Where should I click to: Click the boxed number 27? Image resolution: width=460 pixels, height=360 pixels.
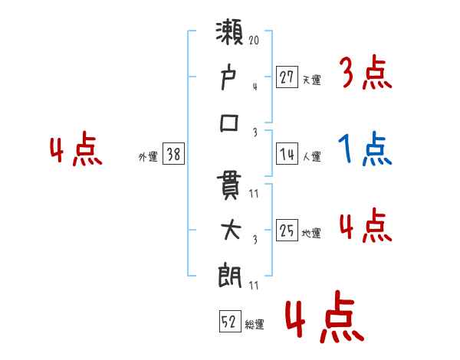click(287, 77)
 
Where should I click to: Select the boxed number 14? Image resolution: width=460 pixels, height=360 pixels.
click(287, 154)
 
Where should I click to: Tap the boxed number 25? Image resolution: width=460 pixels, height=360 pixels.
click(287, 231)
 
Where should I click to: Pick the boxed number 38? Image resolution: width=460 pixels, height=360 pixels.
click(173, 155)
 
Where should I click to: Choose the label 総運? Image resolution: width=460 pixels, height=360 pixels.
click(255, 325)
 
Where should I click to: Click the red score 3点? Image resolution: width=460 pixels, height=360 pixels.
click(365, 74)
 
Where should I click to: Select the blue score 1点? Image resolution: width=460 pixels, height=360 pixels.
click(365, 149)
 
